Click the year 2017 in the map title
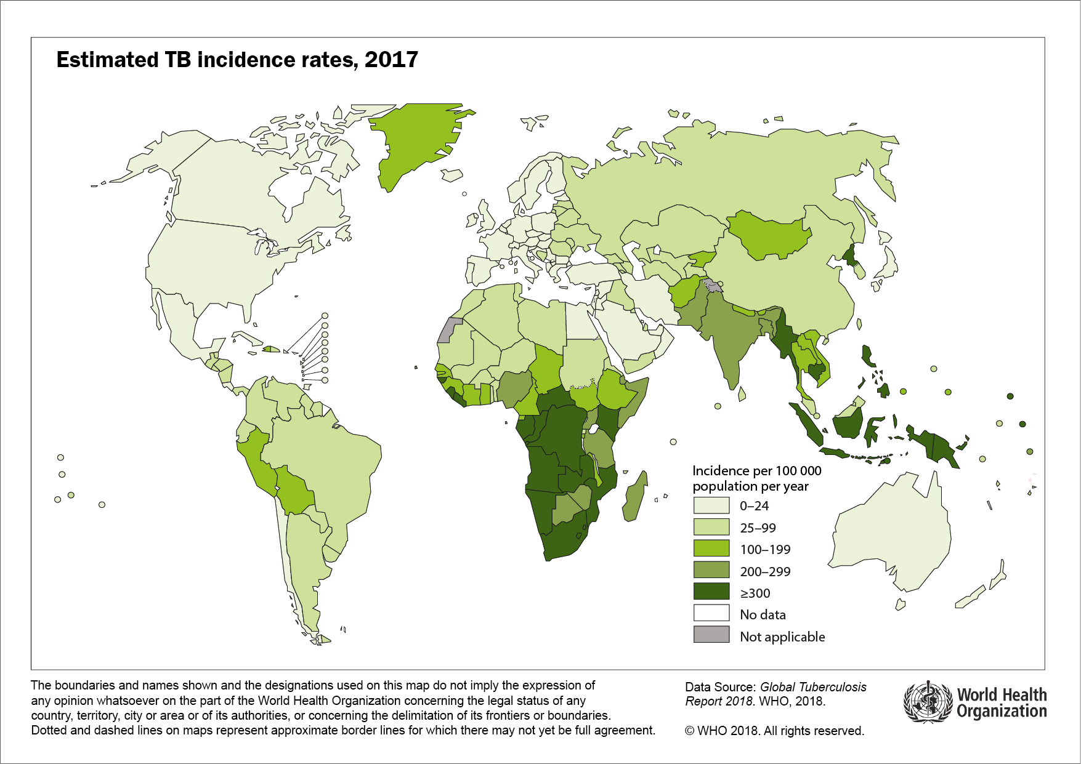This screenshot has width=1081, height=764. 391,60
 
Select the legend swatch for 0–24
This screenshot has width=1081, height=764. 711,505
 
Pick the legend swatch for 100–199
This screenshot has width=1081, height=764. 711,549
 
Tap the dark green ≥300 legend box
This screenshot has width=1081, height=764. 711,592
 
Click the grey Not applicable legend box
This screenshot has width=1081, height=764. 711,635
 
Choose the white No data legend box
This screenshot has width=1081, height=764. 711,614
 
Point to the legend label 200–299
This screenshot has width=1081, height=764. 765,571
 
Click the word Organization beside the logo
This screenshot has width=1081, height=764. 1002,712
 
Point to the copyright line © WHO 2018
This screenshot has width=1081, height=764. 774,731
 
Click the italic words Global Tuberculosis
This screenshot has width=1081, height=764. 813,687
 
